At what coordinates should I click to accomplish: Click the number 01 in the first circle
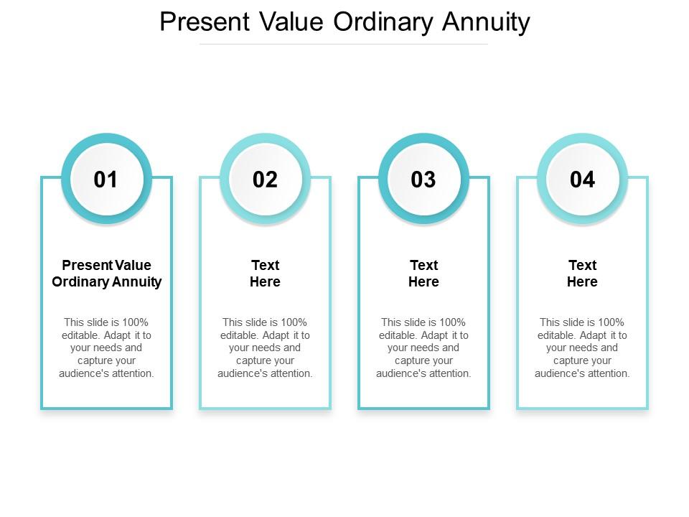pos(106,180)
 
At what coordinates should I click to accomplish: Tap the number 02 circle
pos(265,180)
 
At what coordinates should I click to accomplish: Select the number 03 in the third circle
pos(423,180)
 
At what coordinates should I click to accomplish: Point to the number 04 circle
pos(582,180)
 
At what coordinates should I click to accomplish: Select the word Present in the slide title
pos(204,22)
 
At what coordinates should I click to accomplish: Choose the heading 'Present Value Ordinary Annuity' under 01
pos(107,274)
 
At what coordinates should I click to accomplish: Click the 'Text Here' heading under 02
pos(265,274)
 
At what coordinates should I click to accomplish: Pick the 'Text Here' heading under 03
pos(423,274)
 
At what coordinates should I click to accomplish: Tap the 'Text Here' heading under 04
pos(582,274)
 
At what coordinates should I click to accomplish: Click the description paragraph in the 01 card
pos(107,348)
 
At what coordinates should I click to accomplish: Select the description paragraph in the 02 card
pos(265,348)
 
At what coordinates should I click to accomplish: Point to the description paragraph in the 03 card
pos(423,348)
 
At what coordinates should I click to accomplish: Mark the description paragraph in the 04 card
pos(582,348)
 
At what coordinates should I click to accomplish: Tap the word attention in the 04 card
pos(606,373)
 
